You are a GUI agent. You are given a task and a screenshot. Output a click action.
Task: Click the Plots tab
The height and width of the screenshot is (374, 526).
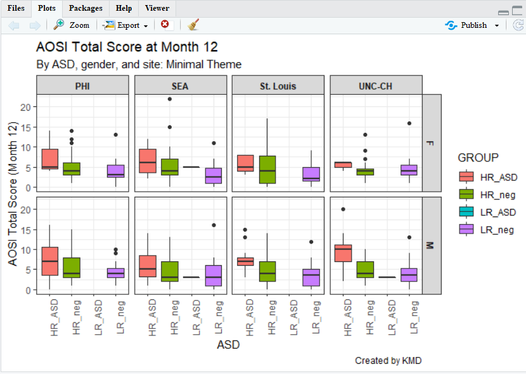point(47,8)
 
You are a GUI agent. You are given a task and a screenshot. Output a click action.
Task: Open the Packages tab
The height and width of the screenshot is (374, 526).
point(85,8)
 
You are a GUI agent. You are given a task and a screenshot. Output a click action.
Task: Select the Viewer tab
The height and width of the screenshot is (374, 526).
point(157,8)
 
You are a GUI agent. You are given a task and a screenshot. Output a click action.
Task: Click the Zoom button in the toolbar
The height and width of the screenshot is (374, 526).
point(72,25)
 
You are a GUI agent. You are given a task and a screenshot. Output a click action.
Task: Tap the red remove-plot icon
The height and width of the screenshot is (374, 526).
point(165,25)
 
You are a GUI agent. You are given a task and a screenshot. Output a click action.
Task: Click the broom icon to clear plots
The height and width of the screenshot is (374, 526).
point(193,25)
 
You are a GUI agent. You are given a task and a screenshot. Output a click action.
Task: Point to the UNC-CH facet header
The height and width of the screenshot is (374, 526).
point(375,86)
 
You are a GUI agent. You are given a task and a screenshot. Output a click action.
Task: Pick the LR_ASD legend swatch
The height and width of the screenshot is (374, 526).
point(466,212)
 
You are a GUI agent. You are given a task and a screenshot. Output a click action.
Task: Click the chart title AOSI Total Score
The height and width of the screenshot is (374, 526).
point(127,47)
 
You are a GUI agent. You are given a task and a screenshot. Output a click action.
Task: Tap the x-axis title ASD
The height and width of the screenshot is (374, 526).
point(228,346)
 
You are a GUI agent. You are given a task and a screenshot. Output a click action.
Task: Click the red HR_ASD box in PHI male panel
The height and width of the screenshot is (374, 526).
point(50,261)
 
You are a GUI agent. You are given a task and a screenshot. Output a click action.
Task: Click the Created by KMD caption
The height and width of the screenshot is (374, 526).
point(388,361)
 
